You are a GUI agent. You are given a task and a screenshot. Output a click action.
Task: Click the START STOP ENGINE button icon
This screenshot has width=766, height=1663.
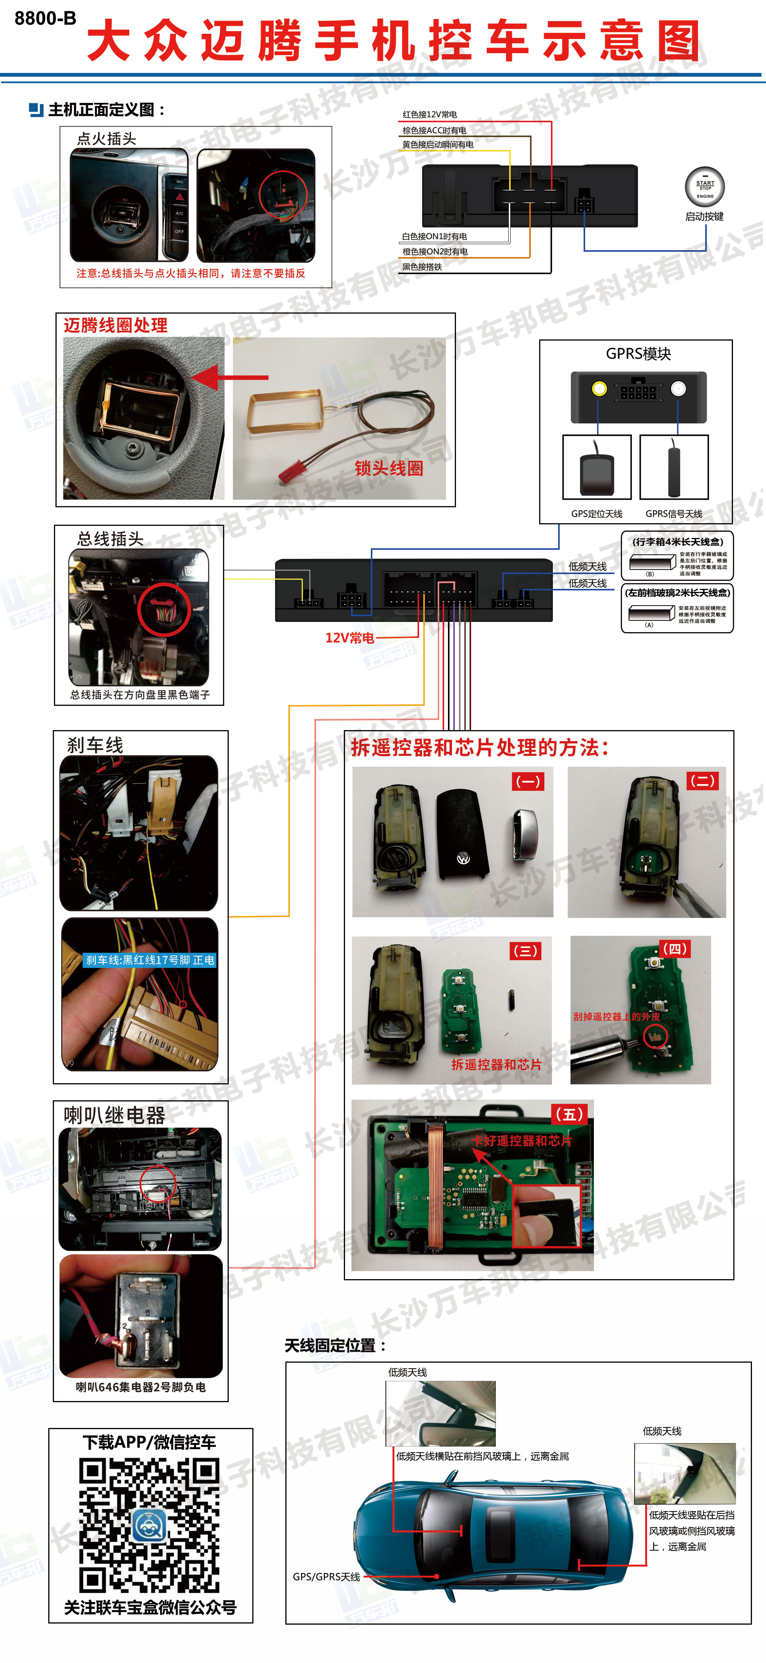point(705,186)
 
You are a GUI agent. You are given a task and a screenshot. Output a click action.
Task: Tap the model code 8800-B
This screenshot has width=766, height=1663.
point(45,18)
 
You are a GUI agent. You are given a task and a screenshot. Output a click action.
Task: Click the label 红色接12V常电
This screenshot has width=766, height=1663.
point(429,114)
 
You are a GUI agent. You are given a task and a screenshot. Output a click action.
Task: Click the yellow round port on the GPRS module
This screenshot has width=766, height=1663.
point(599,389)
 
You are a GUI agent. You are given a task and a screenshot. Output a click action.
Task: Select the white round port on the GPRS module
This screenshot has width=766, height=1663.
point(678,389)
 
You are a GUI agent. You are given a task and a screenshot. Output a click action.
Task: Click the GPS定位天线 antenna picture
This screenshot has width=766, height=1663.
point(597,467)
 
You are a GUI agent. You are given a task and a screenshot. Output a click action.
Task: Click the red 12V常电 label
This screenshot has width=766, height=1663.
point(350,638)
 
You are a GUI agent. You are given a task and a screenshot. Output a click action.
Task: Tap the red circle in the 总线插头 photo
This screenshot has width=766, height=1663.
point(164,609)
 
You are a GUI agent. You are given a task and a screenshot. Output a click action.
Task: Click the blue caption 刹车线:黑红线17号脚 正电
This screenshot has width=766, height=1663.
point(150,960)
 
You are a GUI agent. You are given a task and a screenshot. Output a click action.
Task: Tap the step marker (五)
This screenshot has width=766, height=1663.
point(570,1114)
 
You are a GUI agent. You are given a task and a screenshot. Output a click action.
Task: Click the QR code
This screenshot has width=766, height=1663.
point(150,1525)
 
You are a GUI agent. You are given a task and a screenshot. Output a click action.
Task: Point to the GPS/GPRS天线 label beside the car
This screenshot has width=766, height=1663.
point(326,1576)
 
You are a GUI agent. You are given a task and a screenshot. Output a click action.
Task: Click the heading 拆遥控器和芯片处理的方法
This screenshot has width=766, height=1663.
point(479,748)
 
